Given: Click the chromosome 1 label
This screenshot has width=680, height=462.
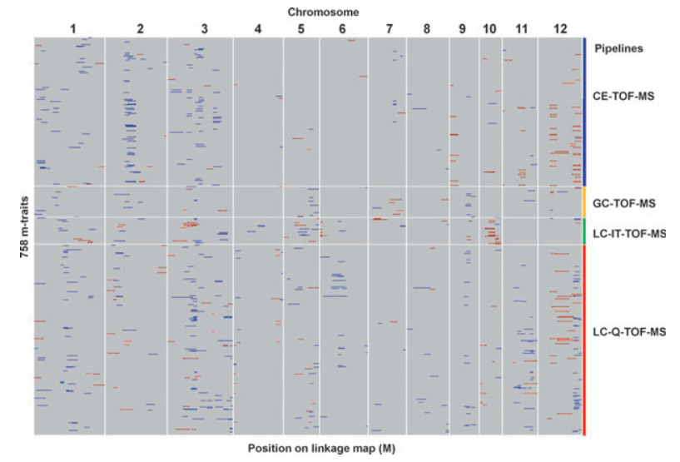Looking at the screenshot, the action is pyautogui.click(x=73, y=29).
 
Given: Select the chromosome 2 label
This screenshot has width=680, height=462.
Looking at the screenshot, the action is pyautogui.click(x=140, y=29).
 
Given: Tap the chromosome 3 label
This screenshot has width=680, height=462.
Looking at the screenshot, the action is pyautogui.click(x=204, y=29).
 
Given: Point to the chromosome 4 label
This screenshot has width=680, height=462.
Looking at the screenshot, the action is pyautogui.click(x=258, y=29).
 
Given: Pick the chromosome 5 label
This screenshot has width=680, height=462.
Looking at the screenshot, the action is pyautogui.click(x=301, y=29).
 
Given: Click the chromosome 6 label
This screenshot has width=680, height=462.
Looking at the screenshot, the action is pyautogui.click(x=342, y=29).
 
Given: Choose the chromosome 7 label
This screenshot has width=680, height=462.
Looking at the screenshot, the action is pyautogui.click(x=390, y=29).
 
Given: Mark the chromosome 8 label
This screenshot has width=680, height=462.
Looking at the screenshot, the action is pyautogui.click(x=427, y=29).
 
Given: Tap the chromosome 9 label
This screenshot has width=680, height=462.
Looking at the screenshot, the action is pyautogui.click(x=462, y=29).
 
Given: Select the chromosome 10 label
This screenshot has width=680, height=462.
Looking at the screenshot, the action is pyautogui.click(x=489, y=29).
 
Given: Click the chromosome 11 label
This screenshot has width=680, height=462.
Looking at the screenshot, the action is pyautogui.click(x=522, y=29).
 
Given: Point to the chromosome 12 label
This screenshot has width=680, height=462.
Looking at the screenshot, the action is pyautogui.click(x=560, y=29).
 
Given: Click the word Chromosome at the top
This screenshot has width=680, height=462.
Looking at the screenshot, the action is pyautogui.click(x=323, y=12).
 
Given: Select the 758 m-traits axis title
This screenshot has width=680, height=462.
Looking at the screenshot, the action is pyautogui.click(x=24, y=227).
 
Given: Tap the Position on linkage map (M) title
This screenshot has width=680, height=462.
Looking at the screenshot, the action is pyautogui.click(x=321, y=448).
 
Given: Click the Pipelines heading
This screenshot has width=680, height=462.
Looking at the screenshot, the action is pyautogui.click(x=618, y=48).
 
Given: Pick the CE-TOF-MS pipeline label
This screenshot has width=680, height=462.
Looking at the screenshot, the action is pyautogui.click(x=623, y=97).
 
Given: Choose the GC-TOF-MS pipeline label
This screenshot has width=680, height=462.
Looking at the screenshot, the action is pyautogui.click(x=624, y=203).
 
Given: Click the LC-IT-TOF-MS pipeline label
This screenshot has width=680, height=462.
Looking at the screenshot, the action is pyautogui.click(x=629, y=234).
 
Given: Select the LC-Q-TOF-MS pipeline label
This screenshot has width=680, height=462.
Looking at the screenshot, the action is pyautogui.click(x=629, y=332).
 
